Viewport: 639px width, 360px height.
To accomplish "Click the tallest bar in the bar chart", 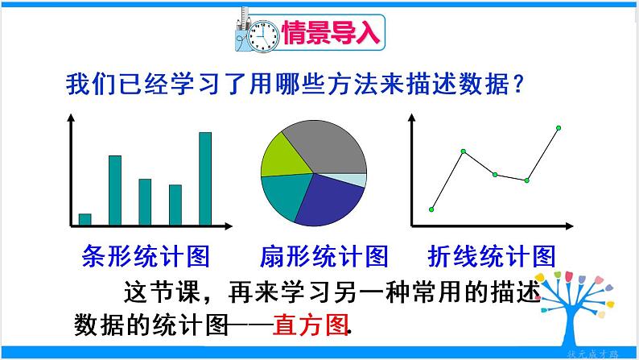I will pos(204,178).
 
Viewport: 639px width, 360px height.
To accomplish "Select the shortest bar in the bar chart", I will pos(85,219).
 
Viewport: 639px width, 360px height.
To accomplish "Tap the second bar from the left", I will pos(115,190).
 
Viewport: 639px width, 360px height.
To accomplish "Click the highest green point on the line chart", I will pos(559,127).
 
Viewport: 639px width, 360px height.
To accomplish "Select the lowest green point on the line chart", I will pos(431,209).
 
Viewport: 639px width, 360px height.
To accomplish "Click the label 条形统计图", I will pos(146,256).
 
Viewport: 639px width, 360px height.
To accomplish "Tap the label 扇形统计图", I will pos(324,256).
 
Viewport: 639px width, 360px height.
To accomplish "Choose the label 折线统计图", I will pos(493,256).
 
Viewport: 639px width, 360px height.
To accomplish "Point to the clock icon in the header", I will pos(262,34).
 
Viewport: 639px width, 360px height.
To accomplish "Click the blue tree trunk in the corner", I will pos(581,326).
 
